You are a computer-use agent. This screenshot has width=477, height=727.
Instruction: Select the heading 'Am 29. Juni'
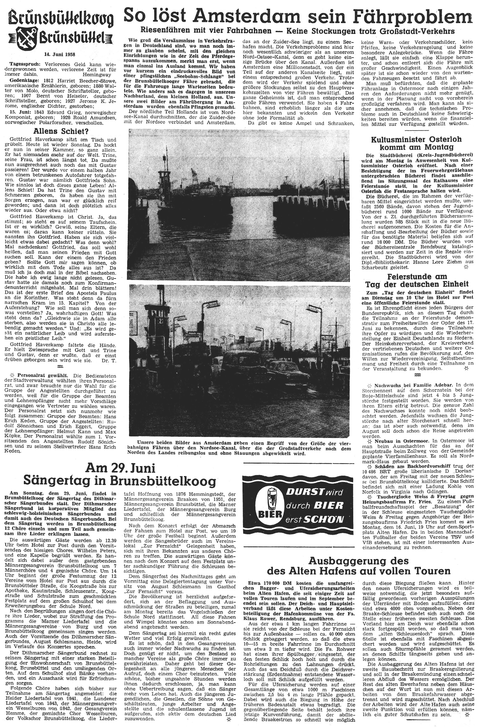tap(120, 468)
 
